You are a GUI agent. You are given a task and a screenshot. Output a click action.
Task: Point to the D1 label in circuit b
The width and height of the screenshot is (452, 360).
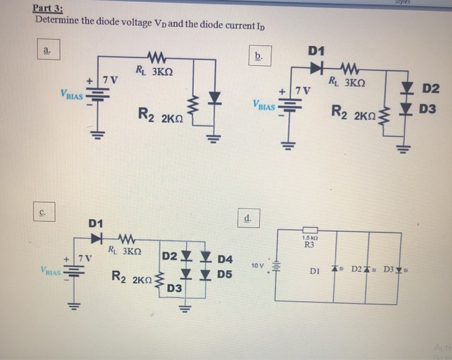click(318, 50)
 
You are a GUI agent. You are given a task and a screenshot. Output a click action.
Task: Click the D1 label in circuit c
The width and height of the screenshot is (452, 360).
click(96, 224)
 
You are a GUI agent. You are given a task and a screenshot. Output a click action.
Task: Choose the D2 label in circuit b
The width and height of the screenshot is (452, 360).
click(430, 87)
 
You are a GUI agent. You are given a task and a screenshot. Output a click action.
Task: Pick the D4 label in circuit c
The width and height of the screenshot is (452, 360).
click(224, 259)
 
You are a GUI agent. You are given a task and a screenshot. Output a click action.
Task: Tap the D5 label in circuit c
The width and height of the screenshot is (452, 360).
click(224, 274)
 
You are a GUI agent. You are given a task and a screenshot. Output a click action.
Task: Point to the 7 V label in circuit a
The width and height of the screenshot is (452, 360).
click(111, 80)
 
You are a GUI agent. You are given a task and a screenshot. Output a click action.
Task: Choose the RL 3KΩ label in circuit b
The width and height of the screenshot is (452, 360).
click(347, 82)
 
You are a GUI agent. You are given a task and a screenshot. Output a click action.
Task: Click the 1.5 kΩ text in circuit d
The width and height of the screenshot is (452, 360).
click(309, 238)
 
